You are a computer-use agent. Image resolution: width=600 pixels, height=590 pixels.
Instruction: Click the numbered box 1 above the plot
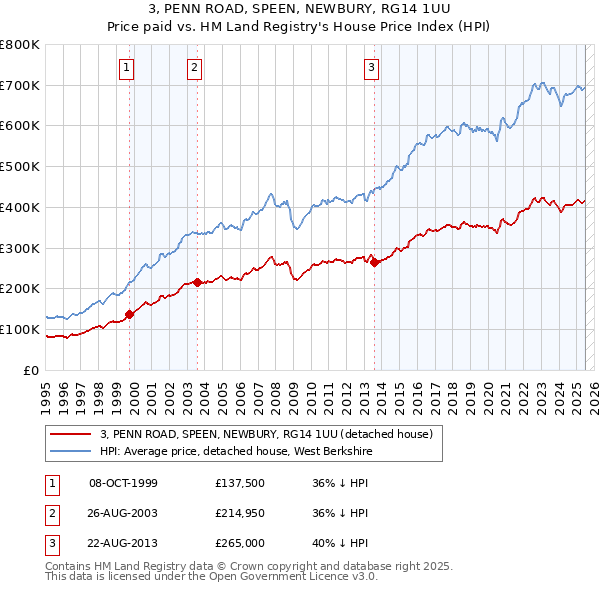(x=128, y=68)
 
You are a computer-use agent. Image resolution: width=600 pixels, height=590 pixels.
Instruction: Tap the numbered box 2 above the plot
(x=193, y=68)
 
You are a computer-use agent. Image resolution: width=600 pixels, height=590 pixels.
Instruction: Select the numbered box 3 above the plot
(x=371, y=68)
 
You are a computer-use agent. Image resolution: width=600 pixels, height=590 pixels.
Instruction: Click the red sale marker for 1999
(x=130, y=314)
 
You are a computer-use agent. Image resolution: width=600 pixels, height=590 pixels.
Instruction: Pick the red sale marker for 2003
(x=198, y=282)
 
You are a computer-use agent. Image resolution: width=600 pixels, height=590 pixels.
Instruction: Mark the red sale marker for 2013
(x=374, y=262)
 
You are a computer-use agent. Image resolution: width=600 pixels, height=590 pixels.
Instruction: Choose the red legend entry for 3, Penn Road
(x=265, y=434)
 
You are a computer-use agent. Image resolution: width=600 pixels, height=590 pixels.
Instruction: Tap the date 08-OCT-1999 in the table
(x=123, y=482)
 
